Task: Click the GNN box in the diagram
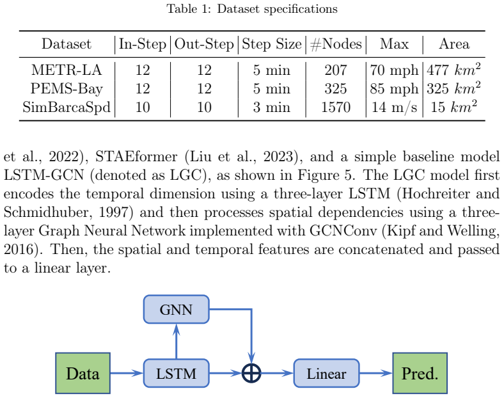point(176,309)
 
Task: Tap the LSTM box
point(176,373)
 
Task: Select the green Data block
point(83,373)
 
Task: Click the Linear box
point(326,373)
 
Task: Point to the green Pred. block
point(420,373)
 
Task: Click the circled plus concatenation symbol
point(251,373)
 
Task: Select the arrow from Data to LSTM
point(127,373)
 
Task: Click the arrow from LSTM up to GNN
point(176,341)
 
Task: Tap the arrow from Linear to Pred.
point(375,373)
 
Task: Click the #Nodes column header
point(336,44)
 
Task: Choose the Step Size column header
point(272,44)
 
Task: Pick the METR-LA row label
point(67,70)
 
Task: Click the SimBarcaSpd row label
point(67,107)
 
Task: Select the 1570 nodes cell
point(336,107)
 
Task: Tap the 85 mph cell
point(394,89)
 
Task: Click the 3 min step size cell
point(272,107)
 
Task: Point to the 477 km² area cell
point(454,70)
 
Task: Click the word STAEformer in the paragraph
point(136,157)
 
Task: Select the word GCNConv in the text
point(343,231)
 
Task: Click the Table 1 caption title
point(252,9)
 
